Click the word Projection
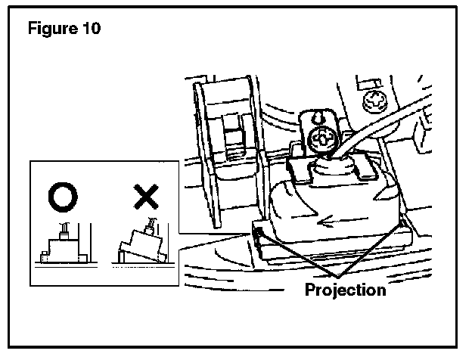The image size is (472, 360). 345,290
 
